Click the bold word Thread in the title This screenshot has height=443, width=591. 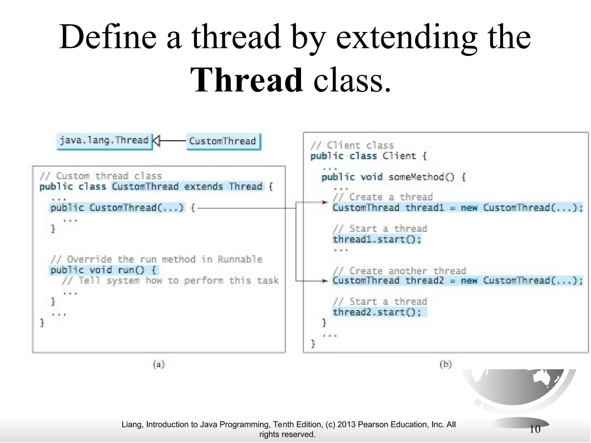click(246, 80)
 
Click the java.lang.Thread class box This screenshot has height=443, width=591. click(104, 141)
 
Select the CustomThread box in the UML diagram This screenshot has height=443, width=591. click(222, 141)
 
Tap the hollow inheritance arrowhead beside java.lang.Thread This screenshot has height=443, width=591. click(156, 141)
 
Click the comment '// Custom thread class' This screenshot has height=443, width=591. click(101, 176)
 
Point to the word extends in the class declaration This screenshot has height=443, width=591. click(203, 187)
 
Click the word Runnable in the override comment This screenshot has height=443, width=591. click(240, 260)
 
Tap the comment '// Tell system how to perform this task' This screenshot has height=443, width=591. click(170, 281)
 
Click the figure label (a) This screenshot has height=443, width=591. click(159, 364)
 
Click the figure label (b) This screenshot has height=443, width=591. click(446, 364)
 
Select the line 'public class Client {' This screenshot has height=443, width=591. click(368, 156)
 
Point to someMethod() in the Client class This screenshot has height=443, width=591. click(421, 177)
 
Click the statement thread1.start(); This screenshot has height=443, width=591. click(377, 239)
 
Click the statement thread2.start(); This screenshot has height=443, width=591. click(377, 312)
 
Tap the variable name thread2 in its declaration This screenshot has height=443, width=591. click(424, 281)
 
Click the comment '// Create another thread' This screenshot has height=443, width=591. click(399, 271)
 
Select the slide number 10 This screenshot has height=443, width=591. click(535, 429)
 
